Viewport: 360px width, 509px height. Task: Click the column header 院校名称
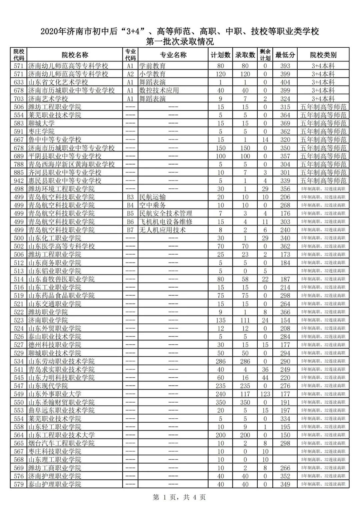(x=75, y=55)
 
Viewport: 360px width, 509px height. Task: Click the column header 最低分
(x=285, y=55)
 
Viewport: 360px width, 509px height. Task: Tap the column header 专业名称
(x=173, y=55)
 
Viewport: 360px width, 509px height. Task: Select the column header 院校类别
(x=323, y=55)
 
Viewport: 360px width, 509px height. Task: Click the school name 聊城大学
(x=41, y=123)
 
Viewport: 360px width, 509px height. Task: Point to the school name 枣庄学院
(x=41, y=131)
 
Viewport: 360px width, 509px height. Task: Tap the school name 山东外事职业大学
(x=55, y=394)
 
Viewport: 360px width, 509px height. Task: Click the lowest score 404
(x=285, y=82)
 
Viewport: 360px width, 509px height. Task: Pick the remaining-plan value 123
(x=265, y=394)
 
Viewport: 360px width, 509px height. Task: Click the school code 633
(x=19, y=82)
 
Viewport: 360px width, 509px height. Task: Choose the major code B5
(x=130, y=213)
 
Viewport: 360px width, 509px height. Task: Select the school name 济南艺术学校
(x=48, y=99)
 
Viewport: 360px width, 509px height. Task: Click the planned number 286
(x=220, y=361)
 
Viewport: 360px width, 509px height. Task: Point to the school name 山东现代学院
(x=48, y=386)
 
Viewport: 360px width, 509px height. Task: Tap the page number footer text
(x=179, y=497)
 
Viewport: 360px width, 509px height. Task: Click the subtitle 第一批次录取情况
(x=180, y=42)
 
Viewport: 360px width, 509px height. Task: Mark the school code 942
(x=19, y=181)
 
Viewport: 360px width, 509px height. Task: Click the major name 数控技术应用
(x=159, y=90)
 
